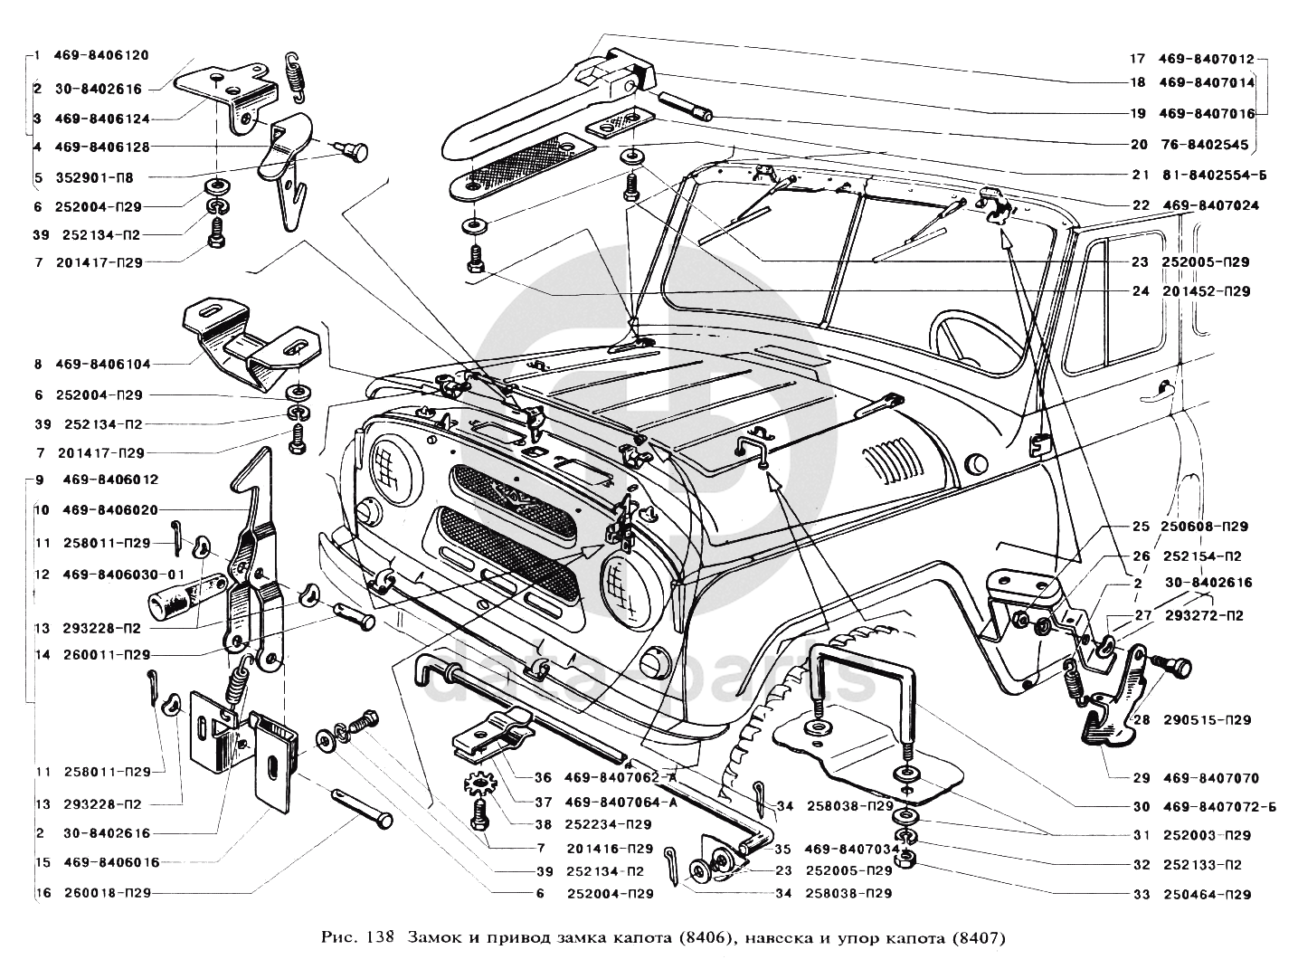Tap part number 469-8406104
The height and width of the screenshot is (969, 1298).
[x=105, y=365]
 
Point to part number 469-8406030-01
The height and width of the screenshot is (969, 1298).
[x=123, y=575]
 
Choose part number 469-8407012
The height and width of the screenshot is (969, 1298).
[x=1207, y=60]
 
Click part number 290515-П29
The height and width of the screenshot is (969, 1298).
[x=1208, y=720]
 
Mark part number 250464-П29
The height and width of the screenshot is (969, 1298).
[x=1208, y=895]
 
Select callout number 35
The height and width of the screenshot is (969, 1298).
[x=783, y=850]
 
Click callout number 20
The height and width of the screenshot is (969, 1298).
[x=1139, y=145]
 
